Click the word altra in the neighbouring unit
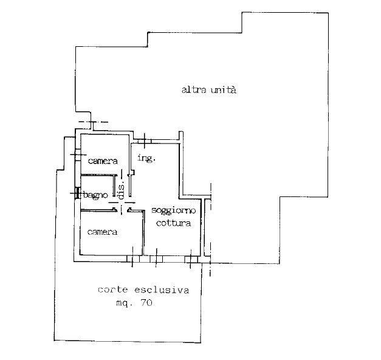point(194,90)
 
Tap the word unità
point(224,90)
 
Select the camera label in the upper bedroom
point(103,161)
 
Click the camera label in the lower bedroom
point(102,232)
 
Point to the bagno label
point(95,195)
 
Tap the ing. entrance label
point(146,158)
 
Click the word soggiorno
point(174,210)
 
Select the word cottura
point(173,223)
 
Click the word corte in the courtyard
point(113,289)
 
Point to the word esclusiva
point(162,289)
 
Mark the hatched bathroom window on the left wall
point(78,193)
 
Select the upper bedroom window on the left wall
point(78,154)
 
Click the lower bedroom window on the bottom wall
point(133,259)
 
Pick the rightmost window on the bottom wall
point(191,259)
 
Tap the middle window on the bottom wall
point(156,259)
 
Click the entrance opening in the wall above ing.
point(145,141)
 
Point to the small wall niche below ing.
point(132,172)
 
